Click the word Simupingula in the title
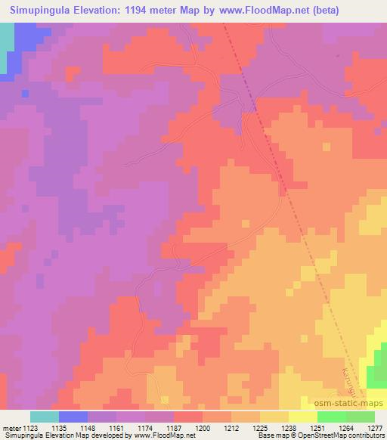(45, 11)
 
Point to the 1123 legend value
(30, 427)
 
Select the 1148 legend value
(88, 427)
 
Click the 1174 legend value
(145, 427)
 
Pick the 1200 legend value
(203, 427)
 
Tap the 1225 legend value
(260, 427)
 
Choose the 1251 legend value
(317, 427)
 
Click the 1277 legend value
(374, 427)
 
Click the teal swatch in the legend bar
(45, 417)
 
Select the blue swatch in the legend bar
(73, 417)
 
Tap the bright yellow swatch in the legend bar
(303, 417)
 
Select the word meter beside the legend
(12, 427)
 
